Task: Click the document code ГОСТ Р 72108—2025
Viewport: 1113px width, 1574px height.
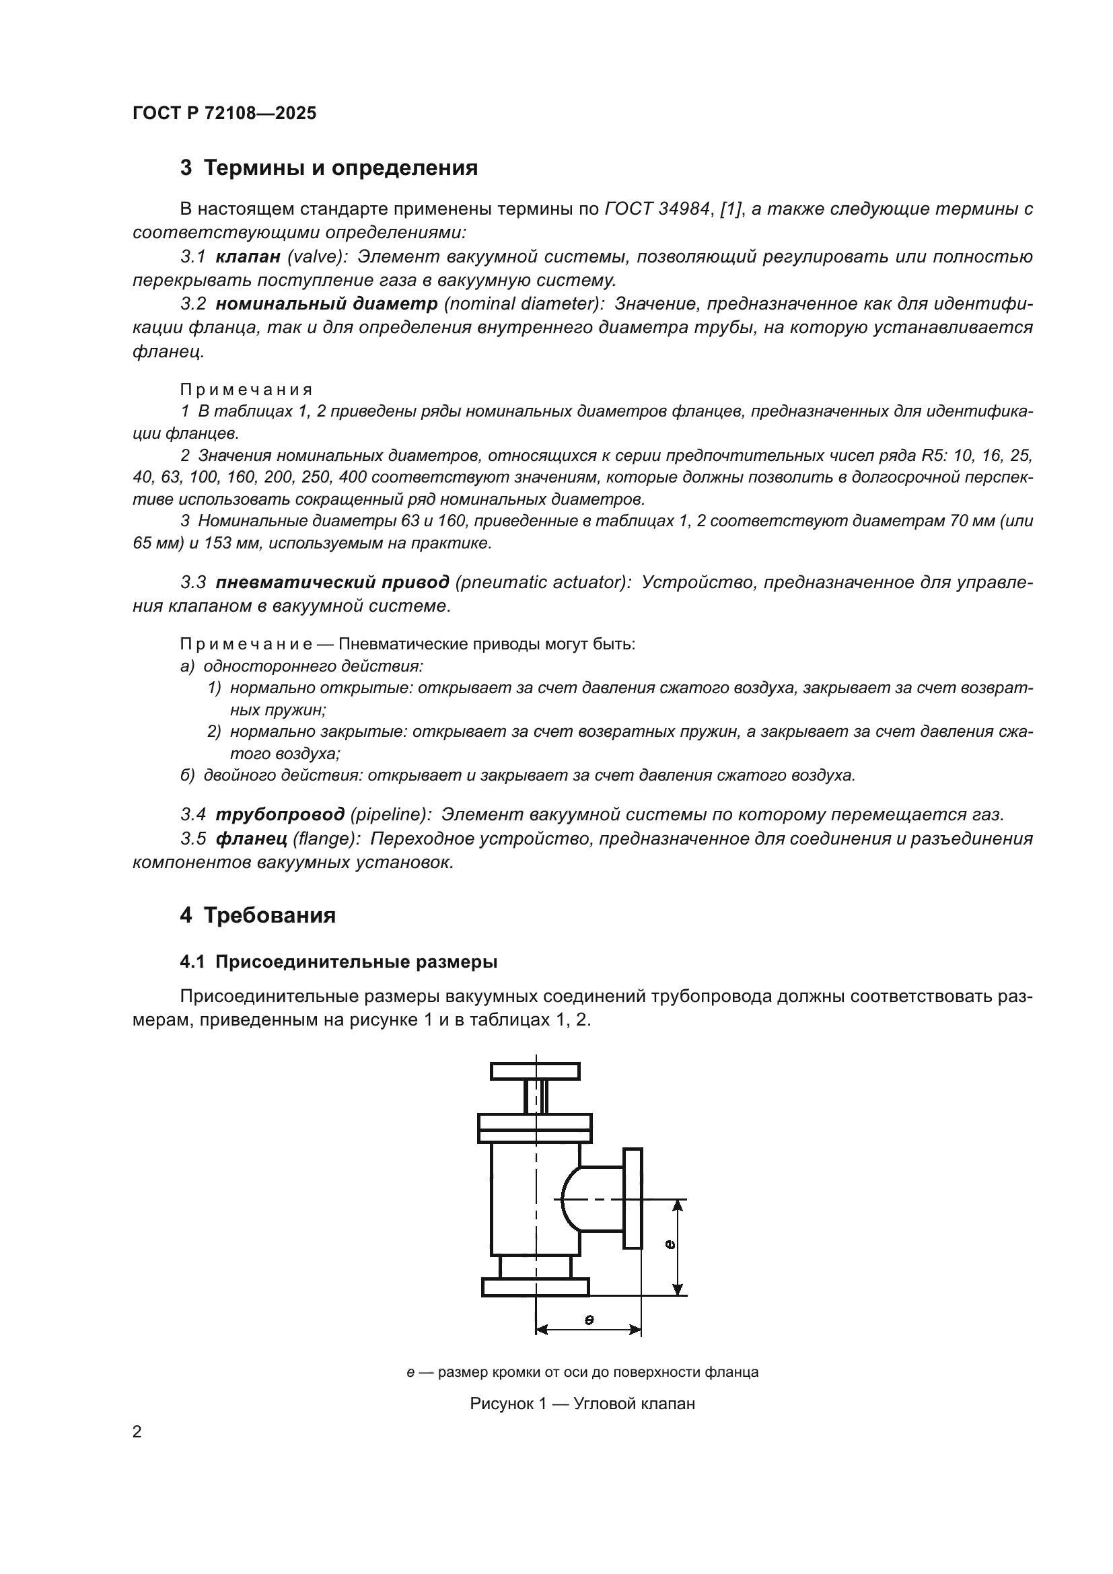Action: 224,113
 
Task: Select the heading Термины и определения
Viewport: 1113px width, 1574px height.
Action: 340,168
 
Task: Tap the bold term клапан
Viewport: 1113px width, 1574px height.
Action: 248,256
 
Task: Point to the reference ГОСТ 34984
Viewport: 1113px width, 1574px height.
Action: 657,209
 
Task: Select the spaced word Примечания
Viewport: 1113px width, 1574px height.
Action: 246,390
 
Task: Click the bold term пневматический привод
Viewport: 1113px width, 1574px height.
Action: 332,582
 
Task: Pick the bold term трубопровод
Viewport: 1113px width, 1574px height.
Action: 280,814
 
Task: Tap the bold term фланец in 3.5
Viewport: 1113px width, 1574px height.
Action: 251,838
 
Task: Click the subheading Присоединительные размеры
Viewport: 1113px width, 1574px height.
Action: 356,962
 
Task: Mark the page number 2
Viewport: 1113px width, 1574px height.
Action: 137,1432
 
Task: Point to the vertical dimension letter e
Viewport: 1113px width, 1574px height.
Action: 670,1244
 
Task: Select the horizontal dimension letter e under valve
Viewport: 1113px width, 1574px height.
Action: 589,1319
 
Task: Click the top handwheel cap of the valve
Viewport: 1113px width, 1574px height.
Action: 535,1071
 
